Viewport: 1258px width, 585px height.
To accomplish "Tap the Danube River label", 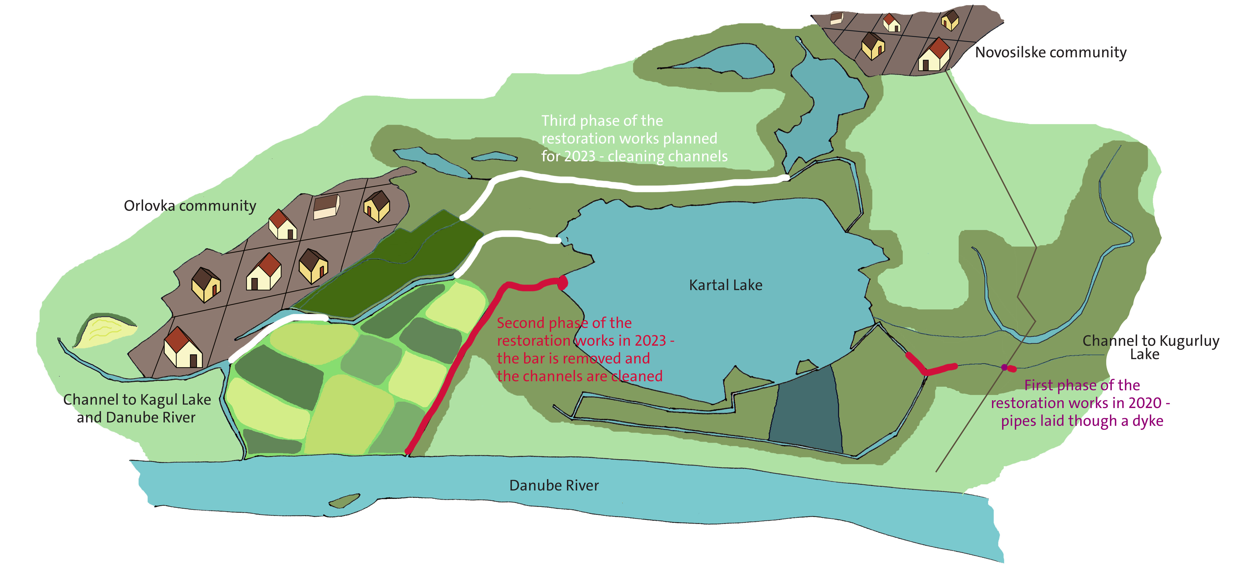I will pos(554,485).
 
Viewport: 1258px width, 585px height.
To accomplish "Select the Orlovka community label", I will pos(190,206).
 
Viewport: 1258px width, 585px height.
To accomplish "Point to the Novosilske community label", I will pos(1051,52).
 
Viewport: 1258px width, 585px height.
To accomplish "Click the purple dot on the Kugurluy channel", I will pos(1004,367).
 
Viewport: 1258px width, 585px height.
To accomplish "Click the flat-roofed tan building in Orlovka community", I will pos(326,207).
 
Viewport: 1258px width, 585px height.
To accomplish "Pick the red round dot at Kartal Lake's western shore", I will pos(563,283).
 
